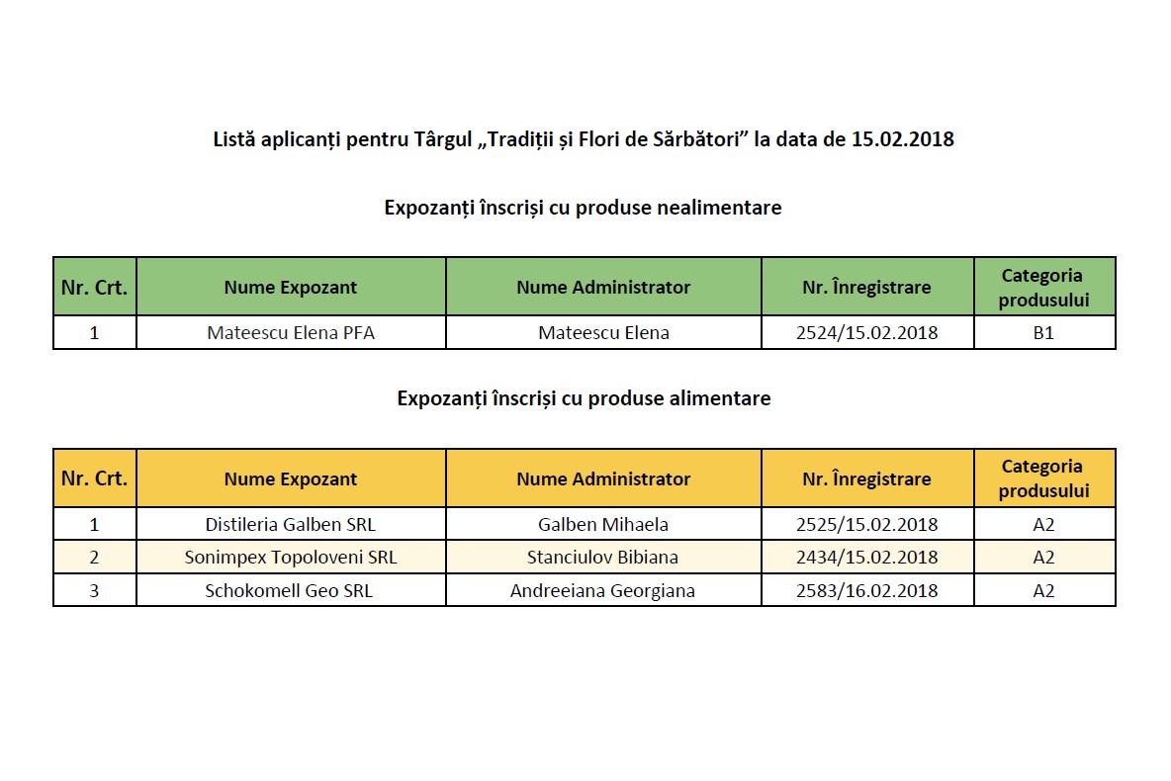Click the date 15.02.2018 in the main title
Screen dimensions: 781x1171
(x=902, y=139)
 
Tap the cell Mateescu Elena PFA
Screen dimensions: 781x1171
(x=291, y=333)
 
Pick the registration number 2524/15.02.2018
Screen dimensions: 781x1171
(x=866, y=333)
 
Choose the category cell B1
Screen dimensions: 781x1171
(x=1043, y=333)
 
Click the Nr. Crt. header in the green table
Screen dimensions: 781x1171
(x=94, y=288)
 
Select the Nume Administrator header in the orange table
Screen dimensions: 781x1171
(x=603, y=478)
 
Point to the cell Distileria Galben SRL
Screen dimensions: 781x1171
(x=291, y=524)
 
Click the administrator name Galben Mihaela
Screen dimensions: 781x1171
(x=603, y=524)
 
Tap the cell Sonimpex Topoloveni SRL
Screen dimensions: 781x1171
(x=291, y=558)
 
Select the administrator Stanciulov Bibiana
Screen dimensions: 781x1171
(x=603, y=558)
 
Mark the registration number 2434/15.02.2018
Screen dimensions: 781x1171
(x=866, y=558)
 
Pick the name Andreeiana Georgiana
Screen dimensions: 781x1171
(x=602, y=591)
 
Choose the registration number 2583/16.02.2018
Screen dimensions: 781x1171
(x=866, y=591)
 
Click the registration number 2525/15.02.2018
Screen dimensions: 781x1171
(x=866, y=524)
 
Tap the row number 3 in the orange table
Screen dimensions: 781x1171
(x=94, y=591)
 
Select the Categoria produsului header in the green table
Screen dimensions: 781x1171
(x=1043, y=288)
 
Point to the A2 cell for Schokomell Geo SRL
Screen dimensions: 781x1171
(x=1043, y=591)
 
